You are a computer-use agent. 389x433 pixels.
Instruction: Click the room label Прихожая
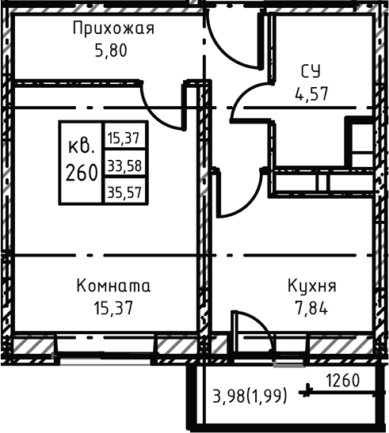tap(113, 29)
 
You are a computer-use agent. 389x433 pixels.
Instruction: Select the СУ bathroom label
tap(310, 70)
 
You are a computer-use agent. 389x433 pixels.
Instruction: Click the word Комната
tap(113, 285)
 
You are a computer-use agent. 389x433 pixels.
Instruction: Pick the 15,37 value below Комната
tap(113, 306)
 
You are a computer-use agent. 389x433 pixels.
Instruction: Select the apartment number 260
tap(82, 170)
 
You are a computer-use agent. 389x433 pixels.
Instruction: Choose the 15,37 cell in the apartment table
tap(124, 138)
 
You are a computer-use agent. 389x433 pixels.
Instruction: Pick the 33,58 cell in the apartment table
tap(124, 165)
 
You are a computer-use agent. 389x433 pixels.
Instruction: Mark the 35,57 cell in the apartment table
tap(124, 190)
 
